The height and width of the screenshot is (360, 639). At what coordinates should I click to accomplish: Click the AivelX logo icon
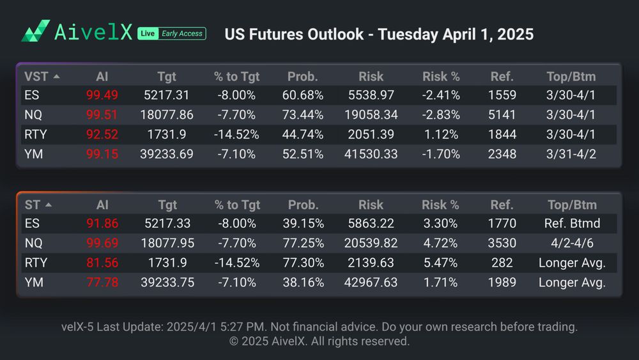pyautogui.click(x=36, y=31)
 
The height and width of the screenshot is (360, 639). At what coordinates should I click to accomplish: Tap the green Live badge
pyautogui.click(x=148, y=33)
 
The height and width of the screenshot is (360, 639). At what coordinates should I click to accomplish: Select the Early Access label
pyautogui.click(x=181, y=33)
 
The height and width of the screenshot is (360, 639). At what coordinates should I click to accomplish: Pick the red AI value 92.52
pyautogui.click(x=102, y=135)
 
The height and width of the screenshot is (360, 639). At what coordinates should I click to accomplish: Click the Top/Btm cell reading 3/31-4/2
pyautogui.click(x=571, y=154)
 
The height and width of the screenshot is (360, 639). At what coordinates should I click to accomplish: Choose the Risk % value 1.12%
pyautogui.click(x=440, y=135)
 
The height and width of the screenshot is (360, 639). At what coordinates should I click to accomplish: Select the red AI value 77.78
pyautogui.click(x=102, y=282)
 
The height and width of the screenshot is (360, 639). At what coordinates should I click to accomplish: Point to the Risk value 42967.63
pyautogui.click(x=371, y=282)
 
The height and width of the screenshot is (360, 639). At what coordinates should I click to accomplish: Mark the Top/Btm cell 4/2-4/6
pyautogui.click(x=571, y=244)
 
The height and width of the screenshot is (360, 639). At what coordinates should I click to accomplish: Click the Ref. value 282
pyautogui.click(x=502, y=263)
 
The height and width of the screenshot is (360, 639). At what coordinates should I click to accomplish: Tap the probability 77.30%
pyautogui.click(x=302, y=263)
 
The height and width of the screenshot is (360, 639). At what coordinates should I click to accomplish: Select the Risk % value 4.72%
pyautogui.click(x=440, y=244)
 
